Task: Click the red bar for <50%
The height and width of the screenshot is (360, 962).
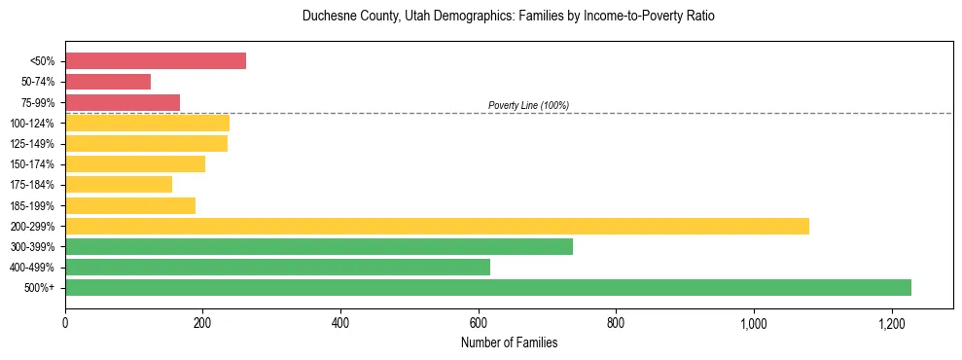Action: (x=156, y=61)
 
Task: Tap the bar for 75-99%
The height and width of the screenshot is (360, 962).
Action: (x=123, y=102)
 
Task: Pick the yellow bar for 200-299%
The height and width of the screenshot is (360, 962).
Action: (x=437, y=226)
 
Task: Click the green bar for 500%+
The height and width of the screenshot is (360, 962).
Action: (x=488, y=287)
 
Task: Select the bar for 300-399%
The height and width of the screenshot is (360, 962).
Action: (x=319, y=246)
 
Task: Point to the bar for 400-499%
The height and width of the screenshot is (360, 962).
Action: (x=277, y=267)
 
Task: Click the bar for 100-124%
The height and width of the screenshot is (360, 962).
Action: (x=147, y=123)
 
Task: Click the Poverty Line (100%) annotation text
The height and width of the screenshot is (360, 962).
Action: (x=528, y=105)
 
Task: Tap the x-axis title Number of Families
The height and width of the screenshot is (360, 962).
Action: (x=509, y=342)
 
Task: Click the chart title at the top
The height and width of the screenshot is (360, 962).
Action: (x=509, y=17)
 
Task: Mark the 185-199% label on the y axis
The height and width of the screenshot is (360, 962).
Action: (x=35, y=205)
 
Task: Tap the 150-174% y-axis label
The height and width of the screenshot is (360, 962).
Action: (x=35, y=164)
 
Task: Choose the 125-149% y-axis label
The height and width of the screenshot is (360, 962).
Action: (x=35, y=144)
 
